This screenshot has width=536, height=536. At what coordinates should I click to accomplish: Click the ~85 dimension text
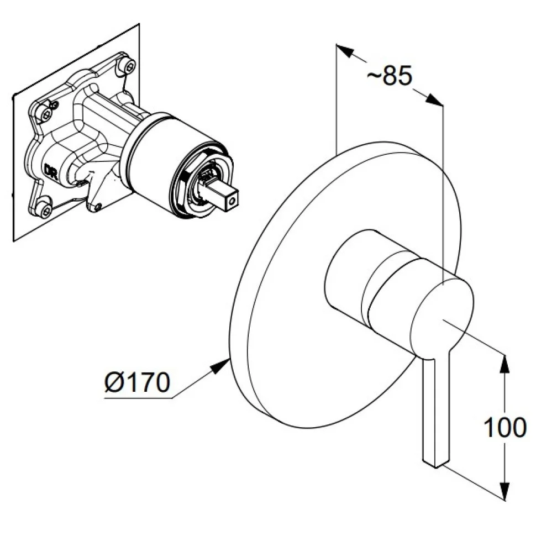pos(390,76)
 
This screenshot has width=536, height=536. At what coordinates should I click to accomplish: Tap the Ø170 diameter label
pos(136,382)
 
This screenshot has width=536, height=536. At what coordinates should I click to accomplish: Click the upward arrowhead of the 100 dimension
pos(504,362)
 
